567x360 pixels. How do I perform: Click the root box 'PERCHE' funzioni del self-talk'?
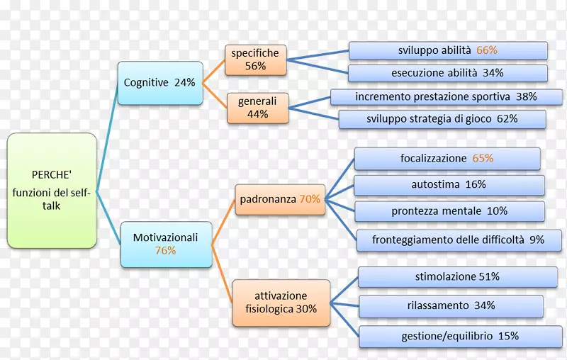pyautogui.click(x=52, y=191)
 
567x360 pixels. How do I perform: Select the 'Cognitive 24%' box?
pyautogui.click(x=159, y=83)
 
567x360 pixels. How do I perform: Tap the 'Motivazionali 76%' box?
pyautogui.click(x=166, y=244)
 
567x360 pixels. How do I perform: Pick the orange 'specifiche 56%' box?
pyautogui.click(x=255, y=60)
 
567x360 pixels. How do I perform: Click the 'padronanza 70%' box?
pyautogui.click(x=279, y=200)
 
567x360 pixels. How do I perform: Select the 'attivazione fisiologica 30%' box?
pyautogui.click(x=281, y=302)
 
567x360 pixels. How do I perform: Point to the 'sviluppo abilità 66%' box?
pyautogui.click(x=448, y=50)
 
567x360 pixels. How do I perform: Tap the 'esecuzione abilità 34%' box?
pyautogui.click(x=448, y=73)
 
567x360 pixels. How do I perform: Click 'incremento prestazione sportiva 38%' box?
pyautogui.click(x=446, y=96)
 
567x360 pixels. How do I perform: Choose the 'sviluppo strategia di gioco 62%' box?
pyautogui.click(x=442, y=119)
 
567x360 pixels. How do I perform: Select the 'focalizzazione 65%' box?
pyautogui.click(x=447, y=159)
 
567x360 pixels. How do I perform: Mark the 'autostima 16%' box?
pyautogui.click(x=449, y=185)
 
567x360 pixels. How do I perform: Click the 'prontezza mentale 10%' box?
pyautogui.click(x=449, y=211)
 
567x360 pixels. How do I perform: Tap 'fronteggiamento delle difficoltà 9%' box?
pyautogui.click(x=458, y=240)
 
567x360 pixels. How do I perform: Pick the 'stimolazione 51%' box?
pyautogui.click(x=457, y=277)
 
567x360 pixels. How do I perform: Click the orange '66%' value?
pyautogui.click(x=487, y=50)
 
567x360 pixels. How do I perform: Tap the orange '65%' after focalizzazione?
pyautogui.click(x=483, y=159)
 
